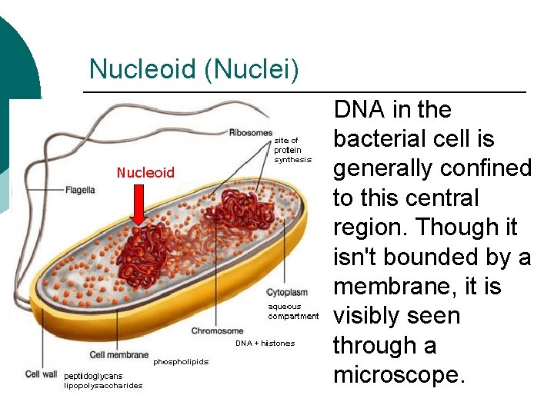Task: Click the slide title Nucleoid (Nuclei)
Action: [194, 69]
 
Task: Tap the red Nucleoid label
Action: [145, 172]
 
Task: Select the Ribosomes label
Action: [250, 133]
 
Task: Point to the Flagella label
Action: [80, 190]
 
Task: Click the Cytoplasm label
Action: [287, 293]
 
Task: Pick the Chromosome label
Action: [218, 331]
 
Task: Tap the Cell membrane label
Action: [119, 355]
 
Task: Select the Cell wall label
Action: [42, 374]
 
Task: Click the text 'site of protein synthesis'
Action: [292, 150]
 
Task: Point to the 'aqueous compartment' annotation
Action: [292, 311]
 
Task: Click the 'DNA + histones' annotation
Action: [265, 344]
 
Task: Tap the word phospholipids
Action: [181, 361]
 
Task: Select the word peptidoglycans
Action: [93, 376]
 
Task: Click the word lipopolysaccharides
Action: [103, 386]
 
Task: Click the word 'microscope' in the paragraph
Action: [398, 375]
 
